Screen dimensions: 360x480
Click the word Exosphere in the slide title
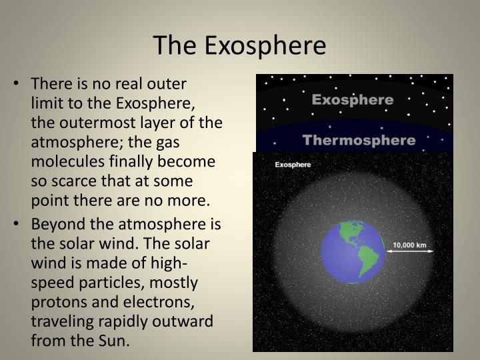(265, 45)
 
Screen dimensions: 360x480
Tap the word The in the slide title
(175, 45)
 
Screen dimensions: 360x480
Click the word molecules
(64, 162)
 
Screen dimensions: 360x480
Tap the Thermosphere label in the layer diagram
(359, 140)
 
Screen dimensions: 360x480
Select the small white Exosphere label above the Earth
(284, 164)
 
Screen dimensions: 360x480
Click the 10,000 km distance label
(409, 245)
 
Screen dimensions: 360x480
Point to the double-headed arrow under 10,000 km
(409, 252)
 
